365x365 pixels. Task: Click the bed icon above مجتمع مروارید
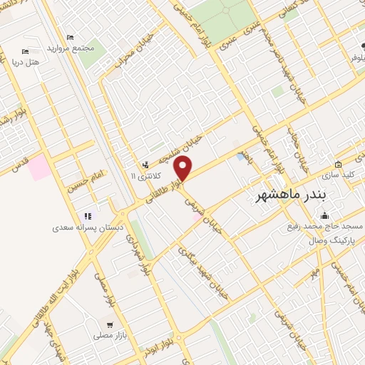(x=70, y=37)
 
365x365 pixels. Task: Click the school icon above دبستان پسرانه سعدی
(x=88, y=216)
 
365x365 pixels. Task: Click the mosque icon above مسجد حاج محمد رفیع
(x=326, y=215)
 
